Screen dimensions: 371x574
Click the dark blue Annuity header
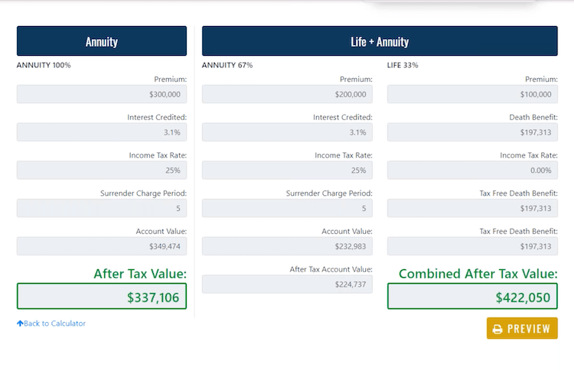tap(102, 41)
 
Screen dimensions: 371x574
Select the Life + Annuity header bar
tap(380, 41)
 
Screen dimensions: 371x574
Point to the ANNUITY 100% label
tap(44, 65)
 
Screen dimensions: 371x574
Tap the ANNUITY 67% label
tap(227, 65)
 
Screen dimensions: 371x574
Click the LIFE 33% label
tap(403, 65)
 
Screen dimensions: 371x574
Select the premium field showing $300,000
tap(102, 94)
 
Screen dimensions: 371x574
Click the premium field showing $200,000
tap(287, 94)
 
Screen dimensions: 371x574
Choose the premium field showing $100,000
tap(472, 94)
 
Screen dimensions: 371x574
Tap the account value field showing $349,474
tap(102, 246)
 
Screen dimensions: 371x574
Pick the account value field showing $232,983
tap(287, 246)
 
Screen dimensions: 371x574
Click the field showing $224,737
tap(287, 285)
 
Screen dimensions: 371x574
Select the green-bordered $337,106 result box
tap(102, 297)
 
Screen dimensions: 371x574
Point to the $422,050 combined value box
tap(472, 297)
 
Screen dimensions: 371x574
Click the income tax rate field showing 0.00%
tap(472, 170)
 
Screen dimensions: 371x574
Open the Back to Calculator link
tap(54, 324)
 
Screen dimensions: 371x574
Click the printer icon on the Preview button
tap(497, 329)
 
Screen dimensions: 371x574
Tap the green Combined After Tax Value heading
tap(478, 274)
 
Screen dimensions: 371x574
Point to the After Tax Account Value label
tap(331, 269)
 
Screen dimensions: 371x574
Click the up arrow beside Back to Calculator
tap(20, 324)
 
